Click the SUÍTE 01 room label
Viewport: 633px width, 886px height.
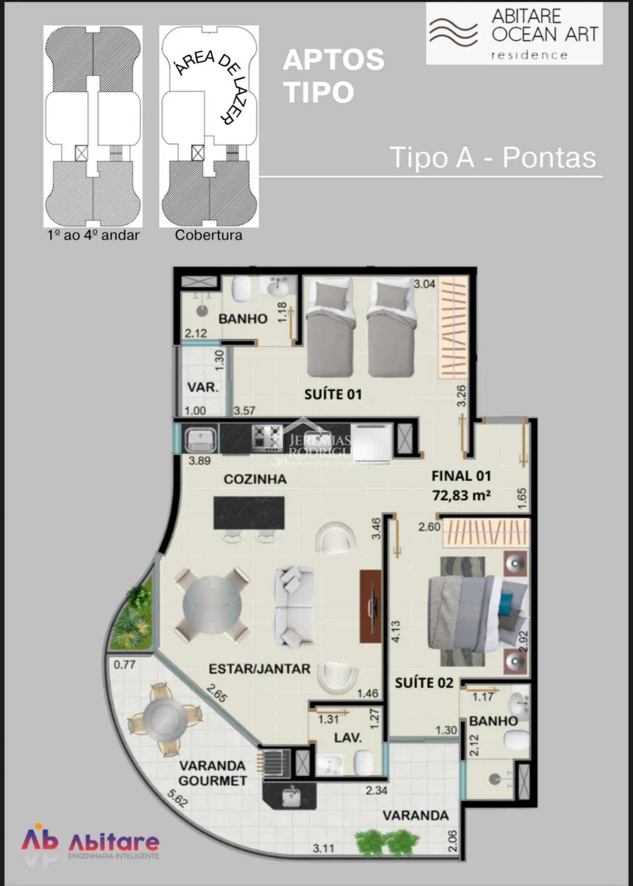(333, 394)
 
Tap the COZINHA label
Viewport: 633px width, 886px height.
(255, 479)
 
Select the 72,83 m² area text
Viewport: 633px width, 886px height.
(461, 495)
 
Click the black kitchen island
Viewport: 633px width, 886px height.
(249, 513)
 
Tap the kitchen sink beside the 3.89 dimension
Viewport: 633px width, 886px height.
(201, 440)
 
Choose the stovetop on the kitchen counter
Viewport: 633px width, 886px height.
(267, 438)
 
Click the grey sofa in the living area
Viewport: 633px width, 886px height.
(295, 606)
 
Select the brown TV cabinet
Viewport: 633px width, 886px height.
(371, 606)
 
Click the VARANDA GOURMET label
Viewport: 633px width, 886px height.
(213, 773)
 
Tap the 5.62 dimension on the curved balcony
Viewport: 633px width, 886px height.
(177, 798)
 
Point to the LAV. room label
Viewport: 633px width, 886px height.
(348, 738)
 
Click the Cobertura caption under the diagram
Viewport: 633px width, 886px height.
(208, 235)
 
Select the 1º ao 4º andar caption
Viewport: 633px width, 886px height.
(93, 235)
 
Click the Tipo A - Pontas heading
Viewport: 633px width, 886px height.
(492, 157)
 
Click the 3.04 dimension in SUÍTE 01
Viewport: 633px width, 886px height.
(425, 284)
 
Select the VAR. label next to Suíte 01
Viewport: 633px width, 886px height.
(203, 387)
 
